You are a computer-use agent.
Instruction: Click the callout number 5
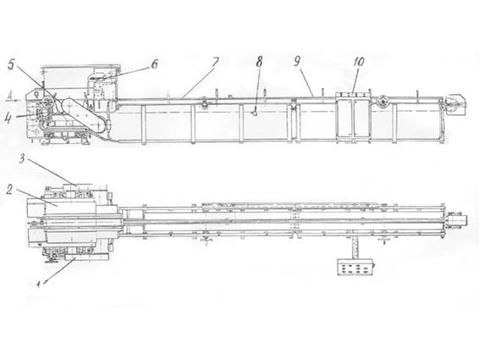[11, 66]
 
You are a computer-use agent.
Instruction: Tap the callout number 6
[155, 64]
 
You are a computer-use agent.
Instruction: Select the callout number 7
[215, 62]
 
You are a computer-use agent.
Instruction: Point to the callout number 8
[259, 62]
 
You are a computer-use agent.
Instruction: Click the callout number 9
[297, 62]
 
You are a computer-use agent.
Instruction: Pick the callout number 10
[359, 62]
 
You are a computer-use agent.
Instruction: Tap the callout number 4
[8, 119]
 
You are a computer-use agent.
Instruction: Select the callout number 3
[22, 158]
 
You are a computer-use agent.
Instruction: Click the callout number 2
[9, 190]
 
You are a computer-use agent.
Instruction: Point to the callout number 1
[38, 285]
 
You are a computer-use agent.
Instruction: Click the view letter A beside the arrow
[10, 97]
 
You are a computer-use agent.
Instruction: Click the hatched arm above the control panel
[355, 248]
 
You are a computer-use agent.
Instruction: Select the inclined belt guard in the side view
[85, 116]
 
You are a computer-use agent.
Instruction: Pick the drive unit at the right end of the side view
[454, 104]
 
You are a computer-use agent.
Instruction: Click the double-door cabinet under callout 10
[354, 117]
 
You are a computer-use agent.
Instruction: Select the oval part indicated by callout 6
[97, 77]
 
